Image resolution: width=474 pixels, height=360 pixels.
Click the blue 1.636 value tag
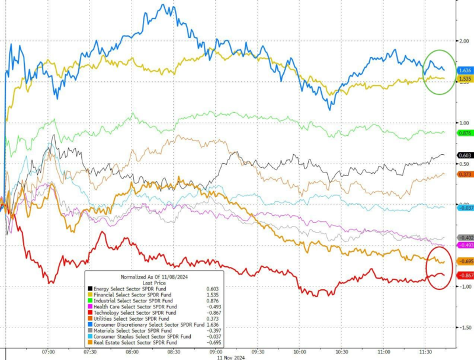point(464,70)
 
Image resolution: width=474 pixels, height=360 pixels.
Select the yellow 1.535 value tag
point(464,78)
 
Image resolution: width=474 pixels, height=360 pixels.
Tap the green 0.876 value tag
point(464,133)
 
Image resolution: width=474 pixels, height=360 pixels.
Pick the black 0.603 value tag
point(464,155)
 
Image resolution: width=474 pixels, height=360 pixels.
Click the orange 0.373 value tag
point(464,174)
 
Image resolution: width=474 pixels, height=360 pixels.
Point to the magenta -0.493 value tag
point(464,245)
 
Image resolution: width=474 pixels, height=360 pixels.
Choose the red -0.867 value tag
point(464,276)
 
